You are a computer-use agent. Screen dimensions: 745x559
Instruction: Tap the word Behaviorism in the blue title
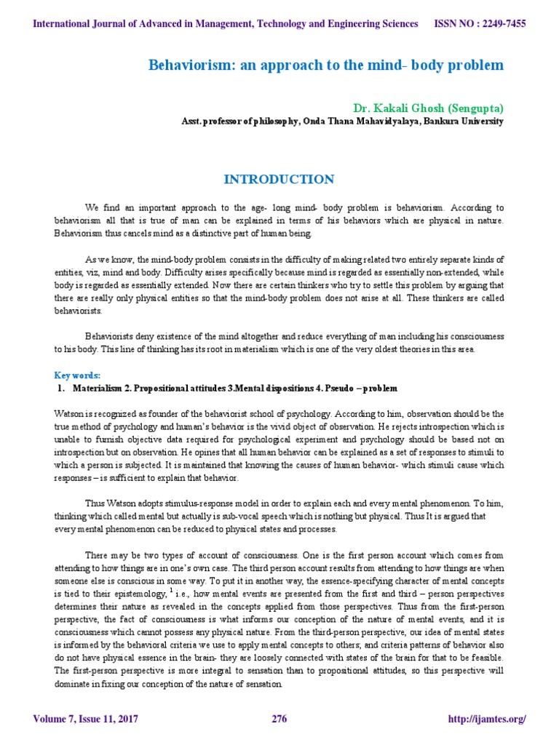tap(186, 65)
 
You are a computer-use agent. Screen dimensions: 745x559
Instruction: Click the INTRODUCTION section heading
tap(279, 179)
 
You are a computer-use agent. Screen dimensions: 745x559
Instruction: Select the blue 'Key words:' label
tap(78, 375)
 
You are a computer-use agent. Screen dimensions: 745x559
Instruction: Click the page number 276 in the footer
tap(279, 720)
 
